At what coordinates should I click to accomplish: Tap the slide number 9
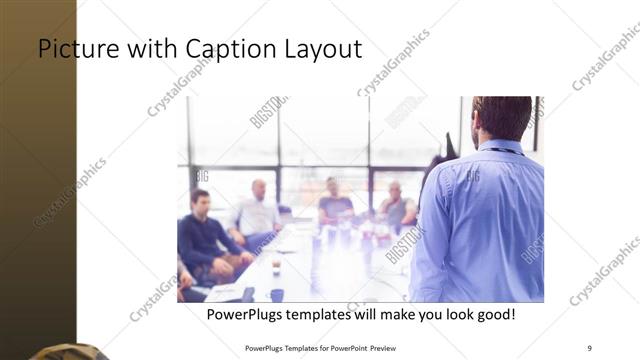589,347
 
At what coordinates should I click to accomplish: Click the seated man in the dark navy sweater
204,235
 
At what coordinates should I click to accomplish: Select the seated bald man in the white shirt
257,212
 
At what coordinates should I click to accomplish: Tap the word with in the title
146,48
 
